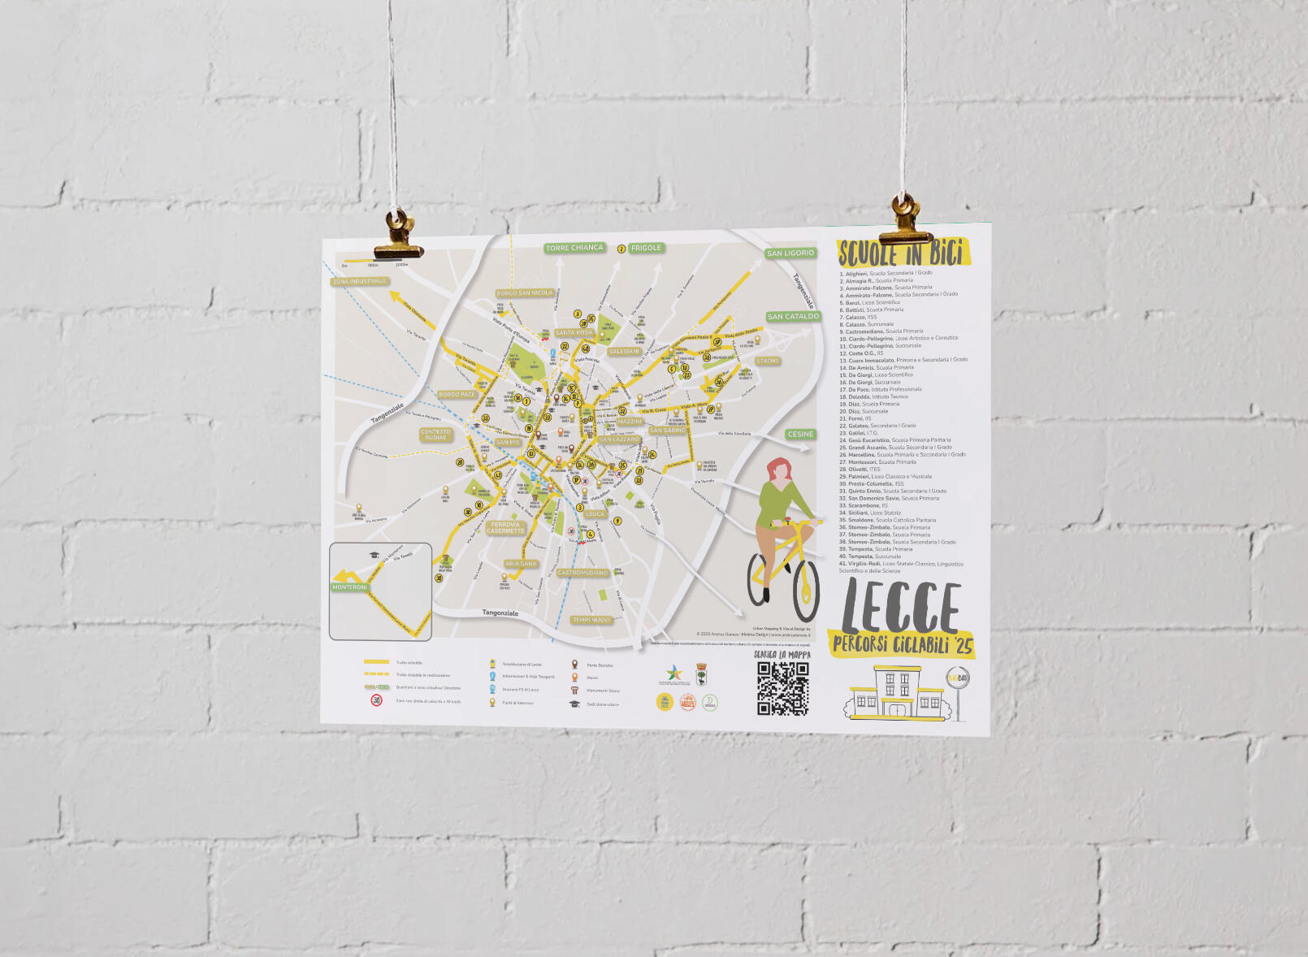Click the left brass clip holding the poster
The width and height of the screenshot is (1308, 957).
pos(398,238)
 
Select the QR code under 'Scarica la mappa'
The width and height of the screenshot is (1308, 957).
pos(782,688)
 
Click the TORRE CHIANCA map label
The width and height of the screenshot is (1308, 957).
pos(574,248)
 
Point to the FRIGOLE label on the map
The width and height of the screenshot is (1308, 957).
pos(646,248)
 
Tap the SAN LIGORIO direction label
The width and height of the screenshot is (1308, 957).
pos(790,253)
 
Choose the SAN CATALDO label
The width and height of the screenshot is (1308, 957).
pos(793,317)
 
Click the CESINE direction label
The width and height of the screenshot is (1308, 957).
pos(800,435)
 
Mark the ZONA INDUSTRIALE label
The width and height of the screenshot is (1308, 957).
pos(360,282)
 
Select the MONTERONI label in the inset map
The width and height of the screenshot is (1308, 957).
pos(349,587)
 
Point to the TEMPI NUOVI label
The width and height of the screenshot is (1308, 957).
pos(591,620)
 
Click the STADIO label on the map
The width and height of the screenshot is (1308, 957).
pos(767,361)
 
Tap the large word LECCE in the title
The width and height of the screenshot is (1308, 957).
pos(901,607)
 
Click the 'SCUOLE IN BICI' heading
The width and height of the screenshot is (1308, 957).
pos(902,253)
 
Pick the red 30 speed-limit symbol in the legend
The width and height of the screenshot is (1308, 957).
pos(376,699)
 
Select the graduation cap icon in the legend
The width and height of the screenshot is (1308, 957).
pos(574,704)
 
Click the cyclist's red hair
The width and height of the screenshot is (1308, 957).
pos(780,469)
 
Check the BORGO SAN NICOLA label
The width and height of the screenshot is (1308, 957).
pos(525,293)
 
